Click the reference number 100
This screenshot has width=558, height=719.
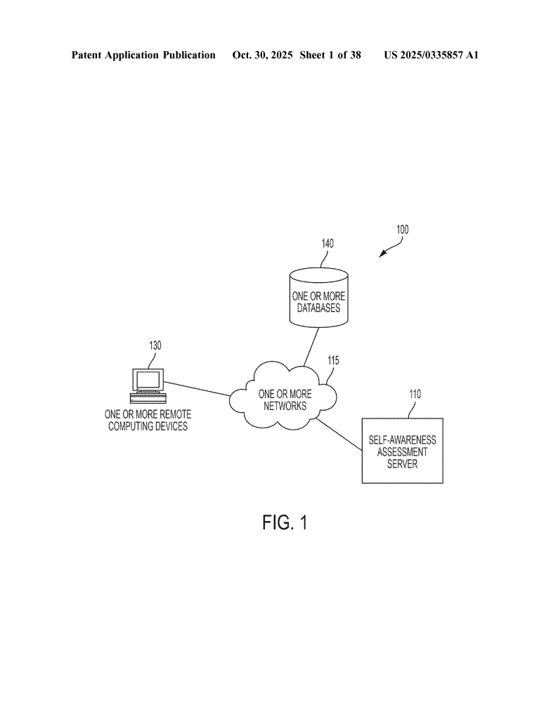402,230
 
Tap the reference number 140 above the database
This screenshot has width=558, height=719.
327,244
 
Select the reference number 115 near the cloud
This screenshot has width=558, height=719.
332,360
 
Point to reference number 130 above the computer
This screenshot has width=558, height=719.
155,345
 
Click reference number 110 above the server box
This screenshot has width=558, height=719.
415,394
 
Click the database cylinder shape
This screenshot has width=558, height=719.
318,298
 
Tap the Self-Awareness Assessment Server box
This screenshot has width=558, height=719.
402,451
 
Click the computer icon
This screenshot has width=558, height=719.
148,383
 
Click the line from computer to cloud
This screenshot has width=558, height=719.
197,389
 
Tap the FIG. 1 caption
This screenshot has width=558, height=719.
285,522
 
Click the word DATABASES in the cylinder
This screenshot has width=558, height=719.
318,308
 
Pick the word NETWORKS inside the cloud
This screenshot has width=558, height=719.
285,406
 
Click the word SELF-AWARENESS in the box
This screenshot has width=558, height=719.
402,440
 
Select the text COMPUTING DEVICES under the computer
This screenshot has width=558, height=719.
148,426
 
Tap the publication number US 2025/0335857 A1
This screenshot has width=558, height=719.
431,55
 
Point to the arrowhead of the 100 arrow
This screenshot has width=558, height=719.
382,256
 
